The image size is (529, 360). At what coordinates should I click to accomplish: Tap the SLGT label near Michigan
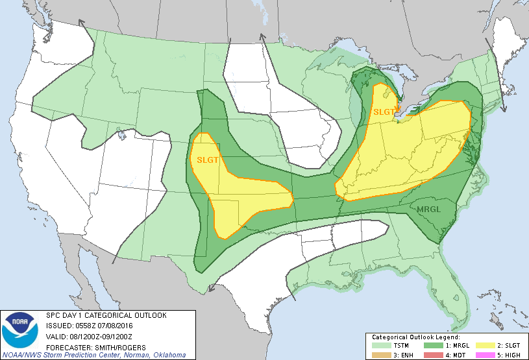(x=384, y=112)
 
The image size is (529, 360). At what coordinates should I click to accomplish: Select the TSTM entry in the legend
(x=394, y=346)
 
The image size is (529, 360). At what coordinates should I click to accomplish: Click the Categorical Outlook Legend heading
(x=415, y=338)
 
